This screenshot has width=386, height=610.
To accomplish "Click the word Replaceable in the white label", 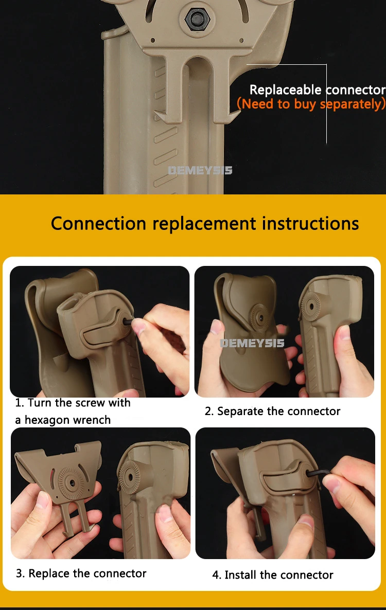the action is [x=285, y=90].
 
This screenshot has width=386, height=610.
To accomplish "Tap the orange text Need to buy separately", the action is [x=311, y=104].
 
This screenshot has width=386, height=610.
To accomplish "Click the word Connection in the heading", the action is [x=99, y=224].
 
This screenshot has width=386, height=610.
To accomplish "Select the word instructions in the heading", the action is [x=310, y=224].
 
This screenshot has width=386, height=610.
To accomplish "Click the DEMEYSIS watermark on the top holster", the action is [x=200, y=170].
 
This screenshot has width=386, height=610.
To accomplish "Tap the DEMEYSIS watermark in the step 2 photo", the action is [x=252, y=343].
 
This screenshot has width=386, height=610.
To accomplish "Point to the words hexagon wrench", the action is [x=68, y=420].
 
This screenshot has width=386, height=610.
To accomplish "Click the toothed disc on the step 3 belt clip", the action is [x=71, y=483].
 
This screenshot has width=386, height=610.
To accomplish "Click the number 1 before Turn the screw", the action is [x=18, y=403].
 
